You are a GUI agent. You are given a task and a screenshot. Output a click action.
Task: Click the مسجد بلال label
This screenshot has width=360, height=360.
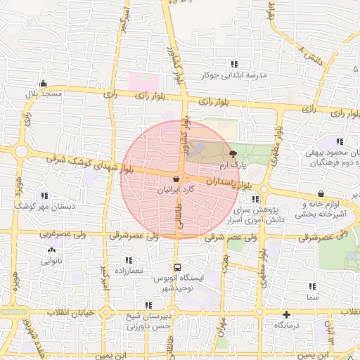[x=44, y=94]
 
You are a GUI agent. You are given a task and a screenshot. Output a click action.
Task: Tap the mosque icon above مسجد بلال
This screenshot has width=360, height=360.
[x=44, y=82]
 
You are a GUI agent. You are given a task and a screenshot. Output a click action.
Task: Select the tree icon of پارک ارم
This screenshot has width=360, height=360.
[x=233, y=152]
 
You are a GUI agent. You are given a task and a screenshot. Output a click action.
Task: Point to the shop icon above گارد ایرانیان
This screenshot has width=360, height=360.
[x=175, y=179]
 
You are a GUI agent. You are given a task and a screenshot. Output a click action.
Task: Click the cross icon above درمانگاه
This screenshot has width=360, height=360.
[x=286, y=314]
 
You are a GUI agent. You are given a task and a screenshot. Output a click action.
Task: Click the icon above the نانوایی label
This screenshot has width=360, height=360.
[x=51, y=250]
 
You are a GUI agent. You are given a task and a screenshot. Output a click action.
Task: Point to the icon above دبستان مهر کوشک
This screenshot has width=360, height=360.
[x=44, y=195]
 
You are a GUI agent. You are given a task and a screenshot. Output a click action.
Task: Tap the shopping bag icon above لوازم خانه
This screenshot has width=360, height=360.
[x=321, y=194]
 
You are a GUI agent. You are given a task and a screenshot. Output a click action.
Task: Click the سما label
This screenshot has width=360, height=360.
[x=312, y=298]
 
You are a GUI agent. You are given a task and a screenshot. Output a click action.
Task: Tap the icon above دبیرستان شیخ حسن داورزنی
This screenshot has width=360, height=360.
[x=148, y=305]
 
